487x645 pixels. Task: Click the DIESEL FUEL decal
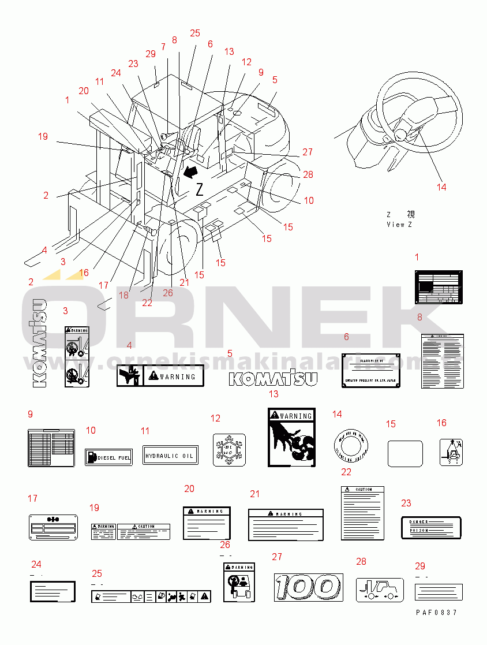(x=108, y=457)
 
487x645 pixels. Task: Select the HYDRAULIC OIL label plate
(x=170, y=456)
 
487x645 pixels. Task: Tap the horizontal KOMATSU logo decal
(x=274, y=378)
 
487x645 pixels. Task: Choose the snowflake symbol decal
(x=229, y=449)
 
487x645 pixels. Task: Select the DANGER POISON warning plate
(x=431, y=527)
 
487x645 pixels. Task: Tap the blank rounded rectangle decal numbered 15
(x=404, y=453)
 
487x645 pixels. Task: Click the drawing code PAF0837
(x=436, y=612)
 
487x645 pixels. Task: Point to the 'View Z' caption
(x=399, y=225)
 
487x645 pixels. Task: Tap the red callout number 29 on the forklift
(x=151, y=54)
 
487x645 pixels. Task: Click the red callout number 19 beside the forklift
(x=43, y=137)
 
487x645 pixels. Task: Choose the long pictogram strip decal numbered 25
(x=151, y=595)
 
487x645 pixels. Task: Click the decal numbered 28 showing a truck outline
(x=379, y=590)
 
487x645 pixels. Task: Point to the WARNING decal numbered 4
(x=157, y=376)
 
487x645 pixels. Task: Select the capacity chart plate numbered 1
(x=439, y=286)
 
